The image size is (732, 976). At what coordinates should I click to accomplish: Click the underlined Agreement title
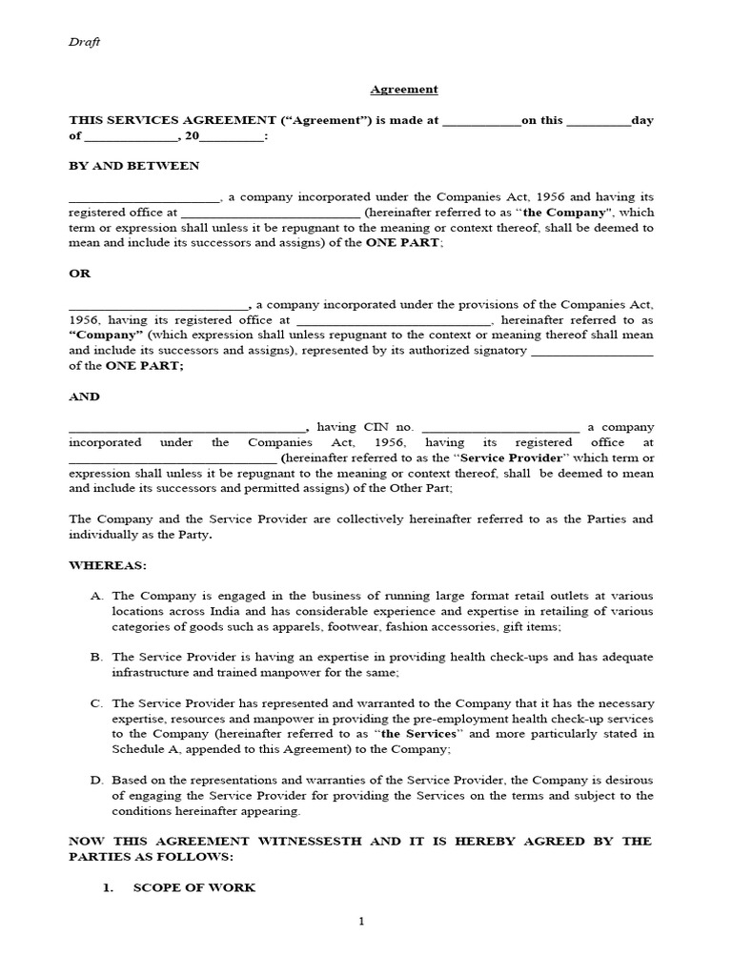point(404,90)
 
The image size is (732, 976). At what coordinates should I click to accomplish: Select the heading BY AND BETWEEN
point(134,166)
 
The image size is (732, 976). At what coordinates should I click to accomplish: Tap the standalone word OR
point(79,274)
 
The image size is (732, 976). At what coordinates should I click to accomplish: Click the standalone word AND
point(84,396)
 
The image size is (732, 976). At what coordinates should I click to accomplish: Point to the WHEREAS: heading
point(108,565)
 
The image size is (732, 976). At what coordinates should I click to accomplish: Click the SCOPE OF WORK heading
point(193,887)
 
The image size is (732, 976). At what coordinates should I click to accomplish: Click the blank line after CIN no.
point(499,428)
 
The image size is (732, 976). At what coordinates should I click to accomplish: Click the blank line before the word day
point(599,121)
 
